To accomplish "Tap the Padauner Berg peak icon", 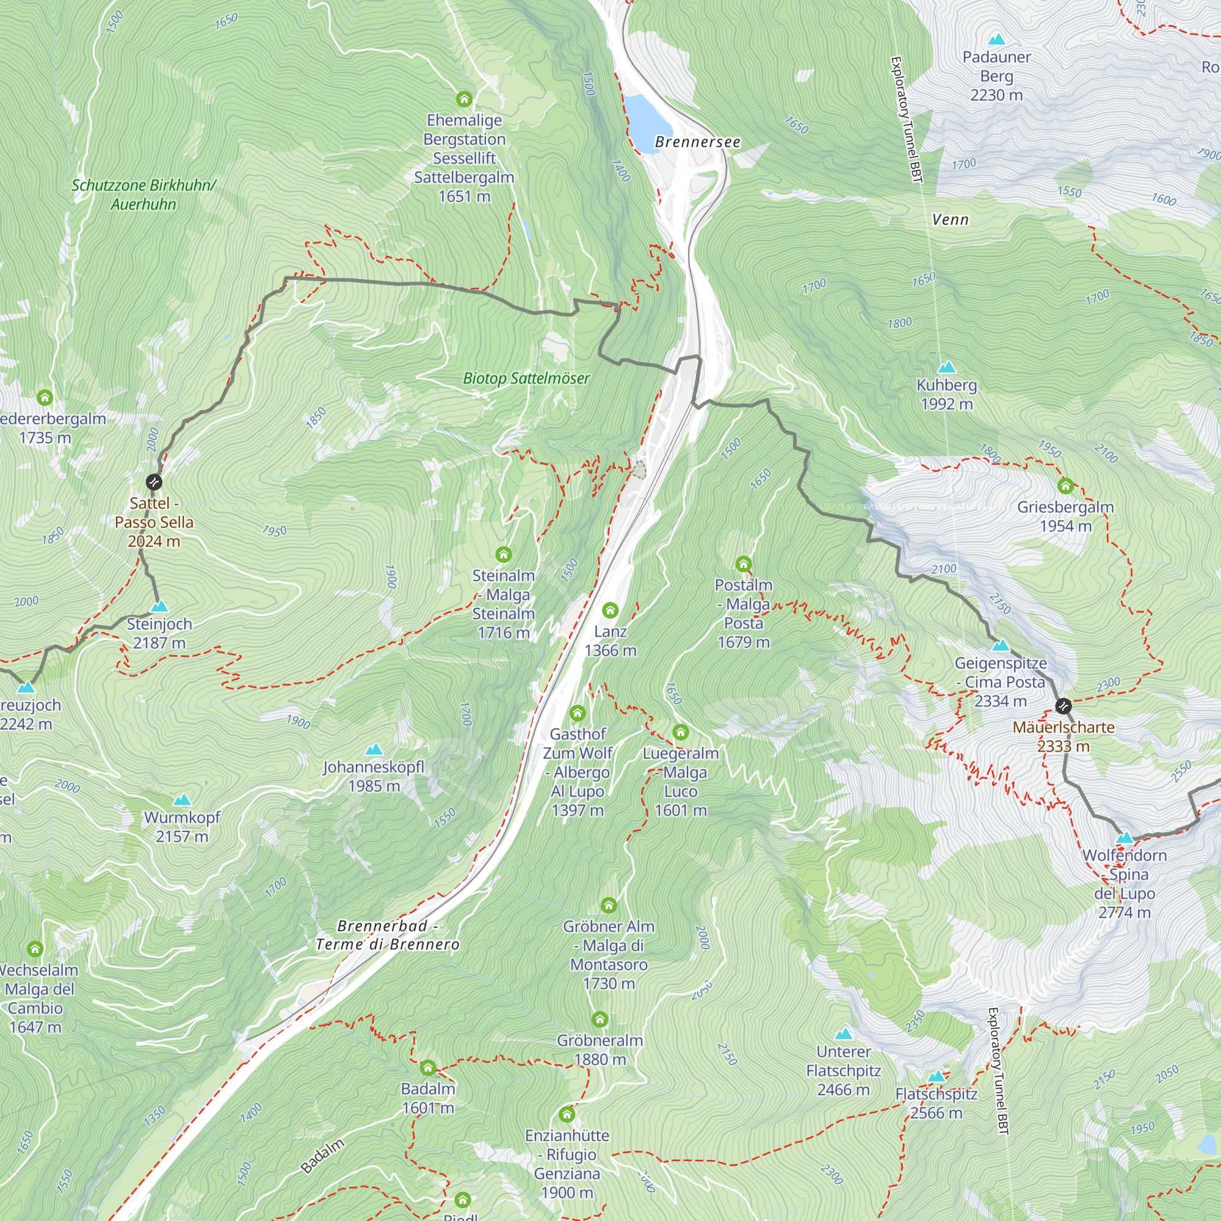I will click(997, 39).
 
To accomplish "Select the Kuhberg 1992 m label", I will click(946, 394).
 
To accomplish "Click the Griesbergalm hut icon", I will click(1065, 486).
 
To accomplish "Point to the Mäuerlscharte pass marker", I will click(1063, 706).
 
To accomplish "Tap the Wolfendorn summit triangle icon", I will click(1125, 839).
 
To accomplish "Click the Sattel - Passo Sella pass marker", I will click(154, 483).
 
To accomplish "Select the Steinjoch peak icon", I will click(159, 607).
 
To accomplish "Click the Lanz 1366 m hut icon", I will click(610, 610).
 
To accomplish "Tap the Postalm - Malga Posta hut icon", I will click(743, 563).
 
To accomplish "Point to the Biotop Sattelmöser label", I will click(526, 379).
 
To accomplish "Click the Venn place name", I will click(950, 219).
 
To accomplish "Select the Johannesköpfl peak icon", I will click(374, 750).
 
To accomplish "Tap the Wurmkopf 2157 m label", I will click(182, 827).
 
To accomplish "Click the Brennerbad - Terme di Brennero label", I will click(388, 935).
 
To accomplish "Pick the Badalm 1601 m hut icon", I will click(428, 1068).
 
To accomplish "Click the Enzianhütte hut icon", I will click(567, 1114).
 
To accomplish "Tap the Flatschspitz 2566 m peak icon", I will click(937, 1076).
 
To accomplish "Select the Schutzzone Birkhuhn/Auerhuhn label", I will click(143, 195).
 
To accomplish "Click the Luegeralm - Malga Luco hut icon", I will click(680, 732).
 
